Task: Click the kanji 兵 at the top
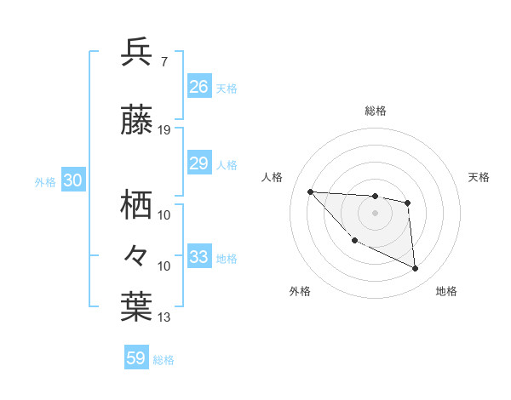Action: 136,53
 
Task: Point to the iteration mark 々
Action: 136,254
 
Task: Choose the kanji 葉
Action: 136,308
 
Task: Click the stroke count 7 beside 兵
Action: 164,61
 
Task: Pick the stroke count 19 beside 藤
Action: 164,130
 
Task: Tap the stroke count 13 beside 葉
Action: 164,317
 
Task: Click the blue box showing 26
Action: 198,86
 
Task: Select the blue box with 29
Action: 198,163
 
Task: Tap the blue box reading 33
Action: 198,257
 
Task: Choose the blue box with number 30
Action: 73,181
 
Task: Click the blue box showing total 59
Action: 135,358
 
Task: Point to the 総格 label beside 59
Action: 164,360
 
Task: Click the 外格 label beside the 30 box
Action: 45,182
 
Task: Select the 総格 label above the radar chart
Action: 375,111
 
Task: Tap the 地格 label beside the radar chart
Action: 446,291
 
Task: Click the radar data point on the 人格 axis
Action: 310,191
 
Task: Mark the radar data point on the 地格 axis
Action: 416,269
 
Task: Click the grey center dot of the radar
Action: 375,212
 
